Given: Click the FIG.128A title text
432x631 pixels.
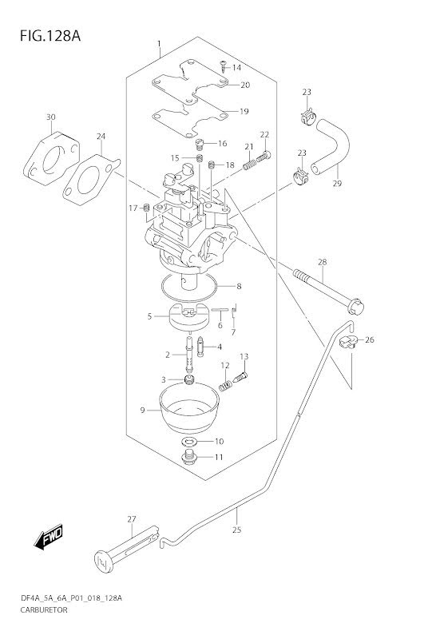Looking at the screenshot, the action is pyautogui.click(x=50, y=36).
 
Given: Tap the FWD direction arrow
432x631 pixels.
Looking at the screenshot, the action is pyautogui.click(x=48, y=537).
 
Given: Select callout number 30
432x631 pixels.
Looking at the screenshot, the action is pyautogui.click(x=50, y=117).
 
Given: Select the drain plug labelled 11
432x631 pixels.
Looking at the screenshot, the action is pyautogui.click(x=188, y=458).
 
